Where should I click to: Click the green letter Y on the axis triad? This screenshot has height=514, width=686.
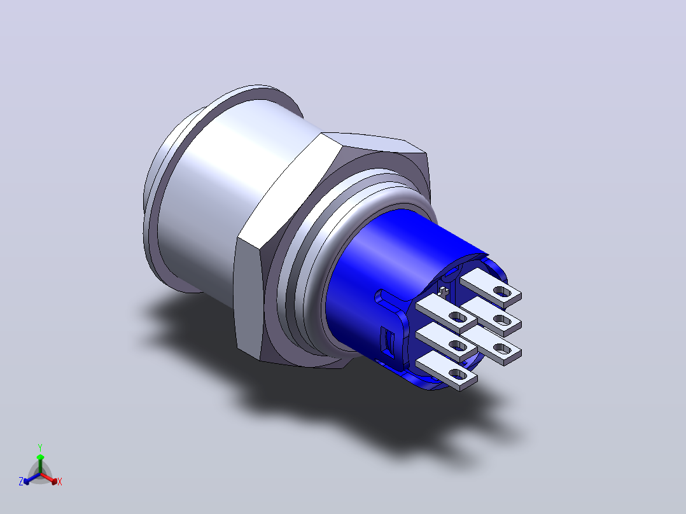[x=40, y=447]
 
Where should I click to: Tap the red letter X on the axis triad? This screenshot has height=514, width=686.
[x=60, y=482]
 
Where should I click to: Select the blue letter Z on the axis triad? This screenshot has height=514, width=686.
[x=21, y=481]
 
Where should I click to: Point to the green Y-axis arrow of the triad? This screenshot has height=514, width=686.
[x=40, y=464]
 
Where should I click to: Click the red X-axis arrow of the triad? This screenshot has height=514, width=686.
[x=49, y=478]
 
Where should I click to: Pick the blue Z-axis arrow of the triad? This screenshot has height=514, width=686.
[x=32, y=478]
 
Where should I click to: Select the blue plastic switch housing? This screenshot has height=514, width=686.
[x=394, y=280]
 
